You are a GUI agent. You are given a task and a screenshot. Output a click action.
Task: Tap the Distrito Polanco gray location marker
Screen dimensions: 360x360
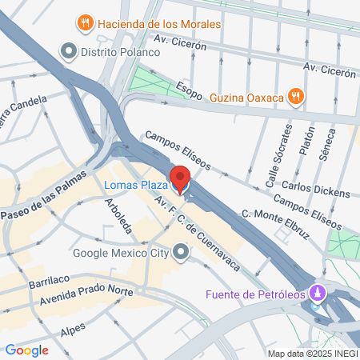click(69, 52)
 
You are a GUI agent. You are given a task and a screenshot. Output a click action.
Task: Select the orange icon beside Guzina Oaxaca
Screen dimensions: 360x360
click(295, 97)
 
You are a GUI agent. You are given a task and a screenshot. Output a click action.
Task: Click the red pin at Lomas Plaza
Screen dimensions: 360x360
click(180, 178)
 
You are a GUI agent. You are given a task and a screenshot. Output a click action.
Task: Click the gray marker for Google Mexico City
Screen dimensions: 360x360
click(182, 254)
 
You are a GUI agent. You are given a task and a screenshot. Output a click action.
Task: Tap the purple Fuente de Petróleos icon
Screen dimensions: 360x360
click(319, 292)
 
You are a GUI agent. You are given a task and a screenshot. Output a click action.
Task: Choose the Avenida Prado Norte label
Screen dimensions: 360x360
click(85, 298)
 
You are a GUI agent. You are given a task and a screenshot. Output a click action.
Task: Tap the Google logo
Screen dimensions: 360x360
click(27, 350)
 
